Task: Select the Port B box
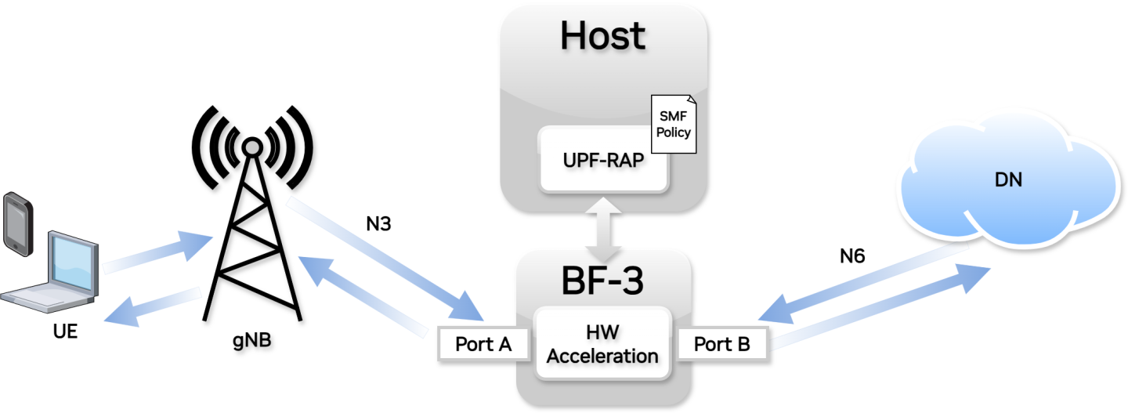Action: point(721,345)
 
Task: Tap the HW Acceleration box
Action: point(602,345)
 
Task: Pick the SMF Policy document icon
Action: point(673,126)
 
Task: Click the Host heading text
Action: point(602,36)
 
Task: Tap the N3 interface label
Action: point(378,224)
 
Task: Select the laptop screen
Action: point(72,262)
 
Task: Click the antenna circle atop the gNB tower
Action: point(251,147)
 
